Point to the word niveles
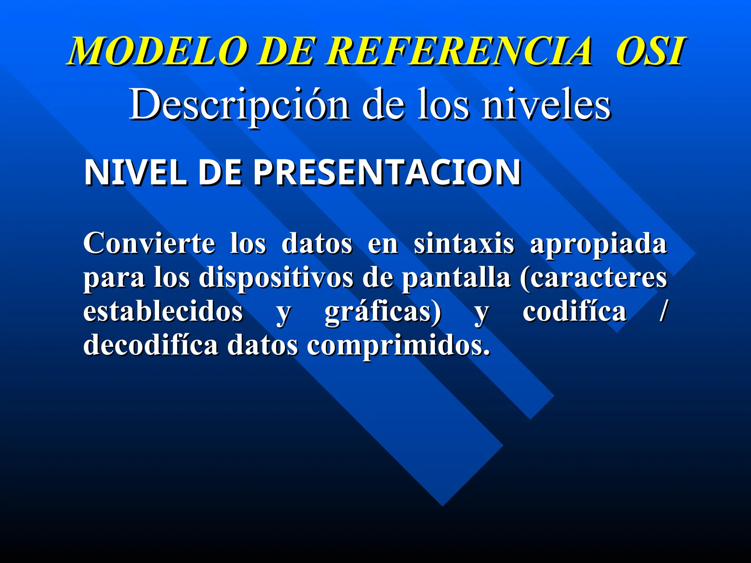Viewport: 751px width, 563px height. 546,105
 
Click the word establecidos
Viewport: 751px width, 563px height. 163,312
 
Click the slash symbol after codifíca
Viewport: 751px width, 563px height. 662,312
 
